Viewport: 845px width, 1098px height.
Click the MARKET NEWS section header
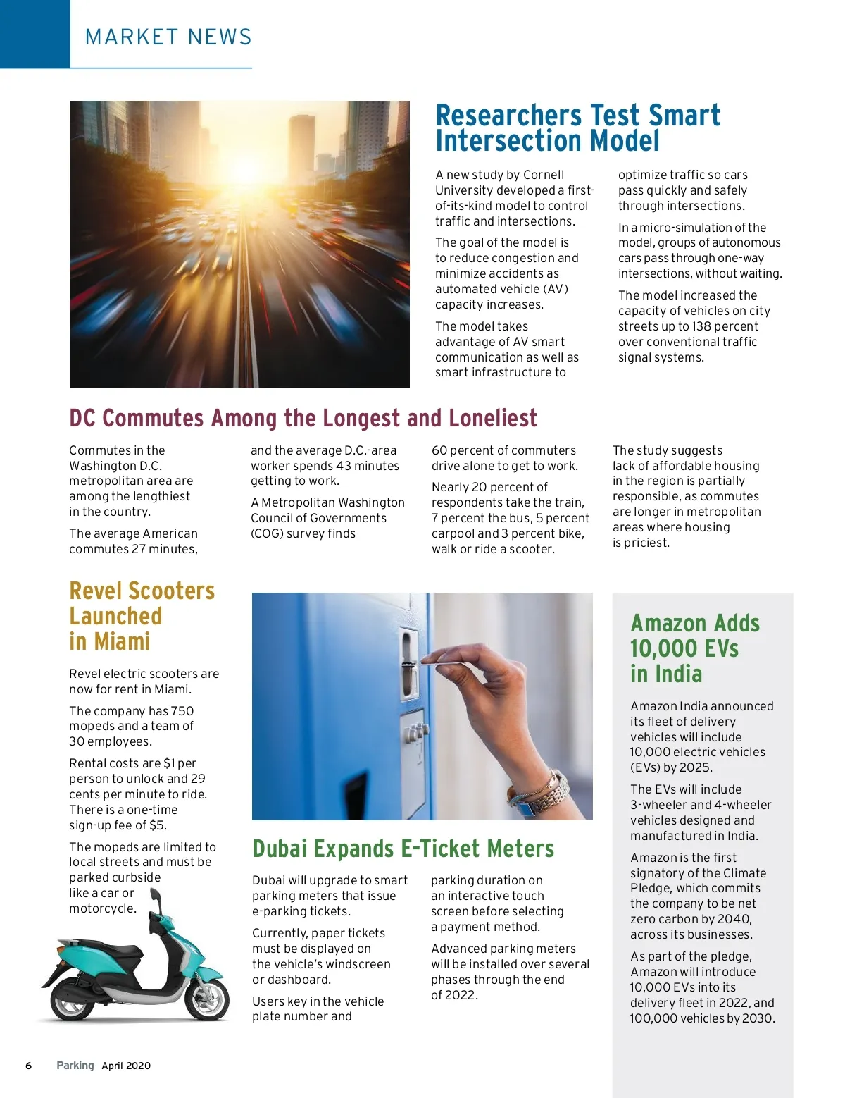[168, 37]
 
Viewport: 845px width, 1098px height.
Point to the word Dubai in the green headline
[280, 849]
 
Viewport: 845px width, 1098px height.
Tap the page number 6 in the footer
[29, 1066]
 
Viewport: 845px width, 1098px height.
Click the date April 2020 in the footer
[126, 1066]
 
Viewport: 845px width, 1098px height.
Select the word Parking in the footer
[75, 1066]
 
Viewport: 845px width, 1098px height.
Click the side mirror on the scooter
[156, 898]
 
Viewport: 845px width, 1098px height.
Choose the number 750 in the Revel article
[182, 711]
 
